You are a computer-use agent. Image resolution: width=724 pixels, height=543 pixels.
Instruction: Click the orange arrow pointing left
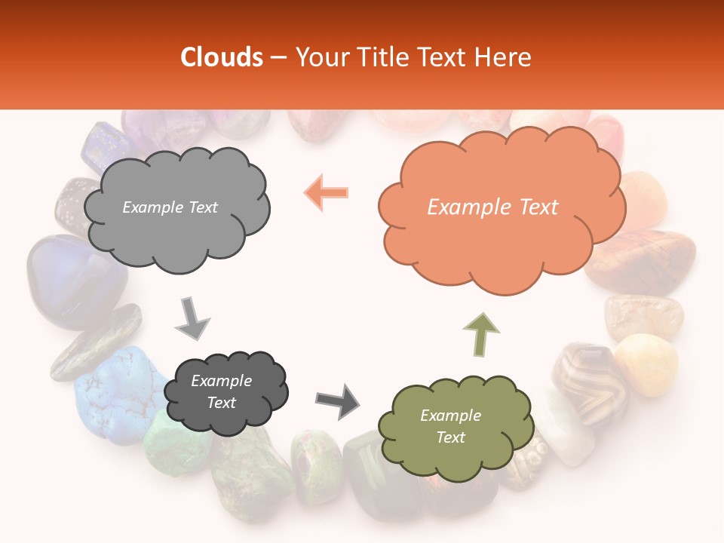pyautogui.click(x=326, y=193)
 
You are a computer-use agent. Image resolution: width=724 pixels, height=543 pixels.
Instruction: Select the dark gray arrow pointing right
pyautogui.click(x=337, y=400)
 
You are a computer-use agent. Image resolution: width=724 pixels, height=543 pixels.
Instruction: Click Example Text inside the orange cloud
pyautogui.click(x=492, y=207)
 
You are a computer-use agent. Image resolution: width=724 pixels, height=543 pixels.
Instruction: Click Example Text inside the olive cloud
pyautogui.click(x=450, y=426)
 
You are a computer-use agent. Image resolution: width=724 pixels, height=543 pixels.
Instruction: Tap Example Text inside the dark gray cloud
pyautogui.click(x=221, y=391)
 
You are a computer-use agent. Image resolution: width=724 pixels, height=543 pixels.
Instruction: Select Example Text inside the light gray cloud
pyautogui.click(x=170, y=207)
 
